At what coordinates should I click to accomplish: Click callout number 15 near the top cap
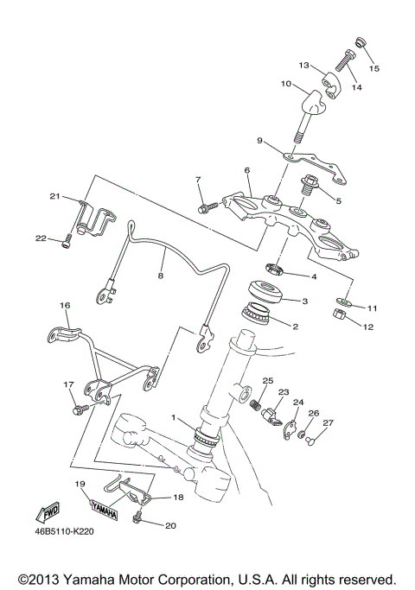point(373,68)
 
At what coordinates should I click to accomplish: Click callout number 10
point(285,85)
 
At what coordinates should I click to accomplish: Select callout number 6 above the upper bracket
point(246,171)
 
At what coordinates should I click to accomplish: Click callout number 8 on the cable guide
point(159,276)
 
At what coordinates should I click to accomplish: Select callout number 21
point(54,197)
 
